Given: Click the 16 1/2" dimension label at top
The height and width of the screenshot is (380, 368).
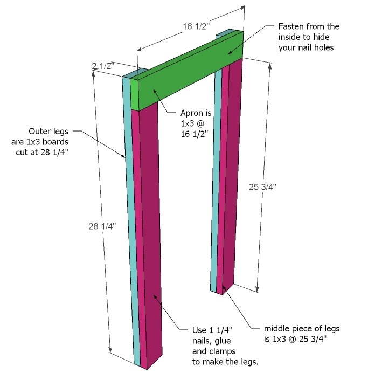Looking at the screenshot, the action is [196, 26].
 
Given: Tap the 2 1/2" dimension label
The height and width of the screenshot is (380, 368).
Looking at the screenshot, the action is [103, 66].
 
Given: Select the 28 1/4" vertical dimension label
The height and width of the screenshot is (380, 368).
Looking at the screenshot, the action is [102, 226].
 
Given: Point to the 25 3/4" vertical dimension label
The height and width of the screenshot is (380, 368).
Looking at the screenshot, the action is [262, 187].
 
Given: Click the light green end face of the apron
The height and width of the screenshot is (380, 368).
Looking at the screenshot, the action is [135, 94].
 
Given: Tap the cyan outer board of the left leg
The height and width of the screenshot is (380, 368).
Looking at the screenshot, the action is [131, 218].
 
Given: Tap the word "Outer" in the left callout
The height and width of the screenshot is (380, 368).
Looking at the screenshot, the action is [39, 131].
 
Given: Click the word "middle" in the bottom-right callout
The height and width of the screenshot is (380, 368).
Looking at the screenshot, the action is [276, 329].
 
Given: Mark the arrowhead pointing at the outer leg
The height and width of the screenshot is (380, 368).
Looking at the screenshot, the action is [123, 156].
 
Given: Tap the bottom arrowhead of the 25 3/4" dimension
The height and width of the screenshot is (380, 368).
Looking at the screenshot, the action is [257, 289].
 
